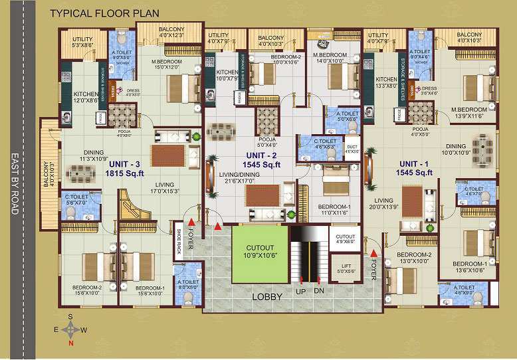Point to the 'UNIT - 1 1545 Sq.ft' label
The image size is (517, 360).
[x=415, y=167]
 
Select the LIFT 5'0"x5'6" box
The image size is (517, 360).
[x=346, y=268]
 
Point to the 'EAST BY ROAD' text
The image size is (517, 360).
[x=15, y=185]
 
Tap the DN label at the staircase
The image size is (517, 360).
[x=320, y=292]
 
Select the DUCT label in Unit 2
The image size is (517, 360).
[x=352, y=149]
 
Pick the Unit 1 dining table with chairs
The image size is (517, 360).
[x=482, y=145]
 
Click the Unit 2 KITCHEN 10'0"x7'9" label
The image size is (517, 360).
[x=227, y=75]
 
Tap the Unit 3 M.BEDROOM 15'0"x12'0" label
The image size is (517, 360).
[x=167, y=64]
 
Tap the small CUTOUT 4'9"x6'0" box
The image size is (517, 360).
[x=345, y=239]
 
